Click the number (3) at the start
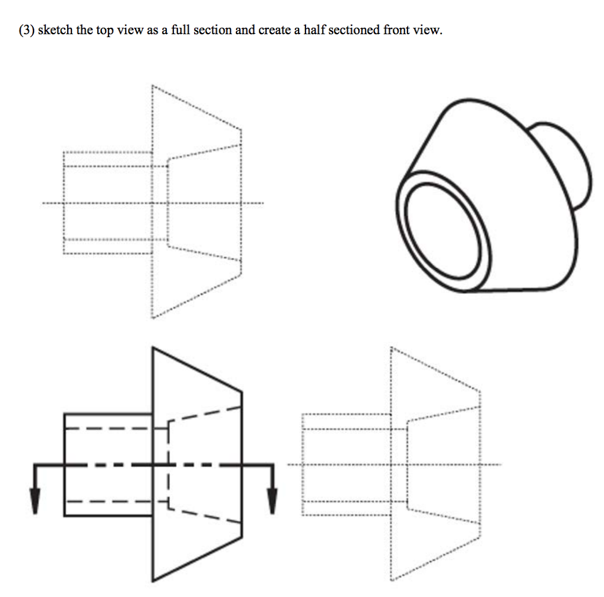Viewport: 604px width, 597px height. click(x=26, y=30)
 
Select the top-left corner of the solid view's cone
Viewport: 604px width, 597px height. click(x=153, y=349)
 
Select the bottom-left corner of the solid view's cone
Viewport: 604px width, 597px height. click(x=153, y=580)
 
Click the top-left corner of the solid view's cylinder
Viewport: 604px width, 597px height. click(x=64, y=414)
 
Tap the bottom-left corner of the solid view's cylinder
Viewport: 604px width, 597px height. click(x=64, y=516)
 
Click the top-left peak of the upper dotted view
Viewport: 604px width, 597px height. click(x=152, y=86)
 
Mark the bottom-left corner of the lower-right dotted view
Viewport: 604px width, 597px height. click(x=390, y=580)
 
